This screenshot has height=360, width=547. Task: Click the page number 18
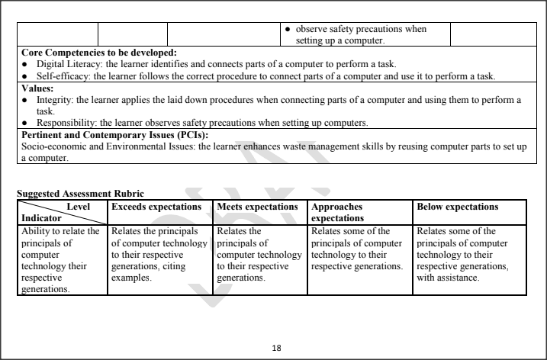[276, 348]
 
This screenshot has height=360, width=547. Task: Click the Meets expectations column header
[257, 207]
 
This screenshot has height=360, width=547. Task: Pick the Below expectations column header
[457, 207]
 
